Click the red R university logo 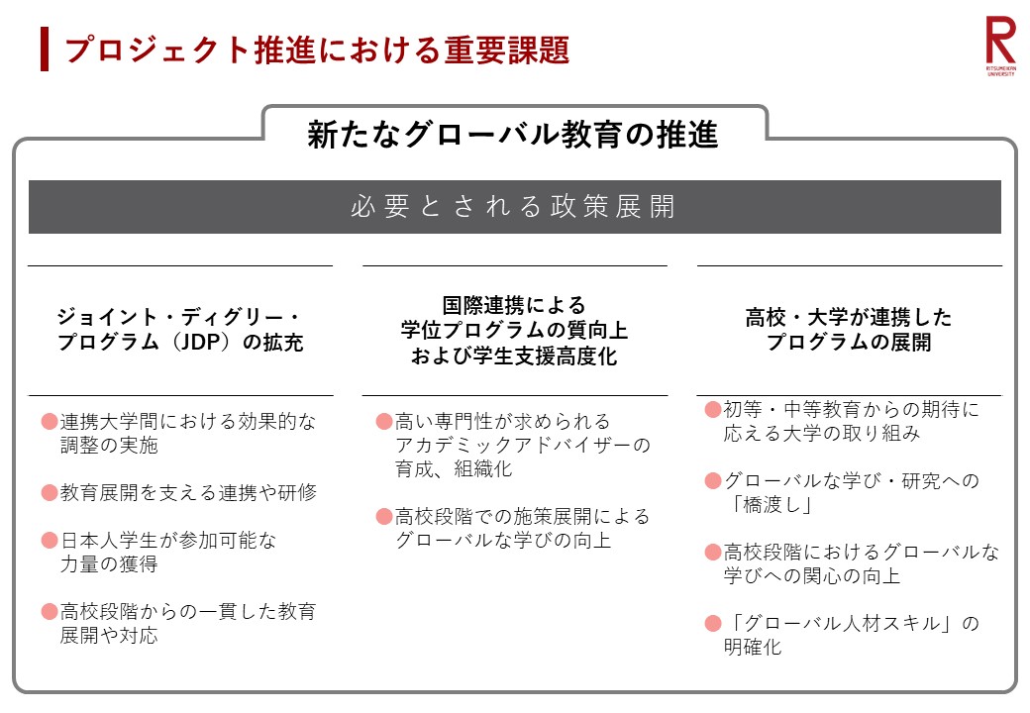[x=1000, y=46]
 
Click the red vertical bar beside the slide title [x=45, y=50]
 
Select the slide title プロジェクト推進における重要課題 [x=317, y=50]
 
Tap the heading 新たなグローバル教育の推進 [x=513, y=134]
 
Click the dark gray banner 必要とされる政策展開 [x=514, y=207]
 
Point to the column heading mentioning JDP [x=179, y=330]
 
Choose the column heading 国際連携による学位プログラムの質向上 [x=514, y=330]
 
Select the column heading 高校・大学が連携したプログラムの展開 [x=849, y=330]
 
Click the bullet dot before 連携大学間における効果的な [x=50, y=422]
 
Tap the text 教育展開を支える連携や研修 [x=188, y=492]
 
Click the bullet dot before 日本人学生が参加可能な [x=50, y=541]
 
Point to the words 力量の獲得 [x=109, y=564]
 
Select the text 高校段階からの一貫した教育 [x=188, y=611]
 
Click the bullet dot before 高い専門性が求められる [x=384, y=422]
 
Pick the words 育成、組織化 [x=454, y=468]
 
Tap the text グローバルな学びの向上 [x=503, y=541]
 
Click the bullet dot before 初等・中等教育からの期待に [x=713, y=410]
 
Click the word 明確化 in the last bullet [x=753, y=648]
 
